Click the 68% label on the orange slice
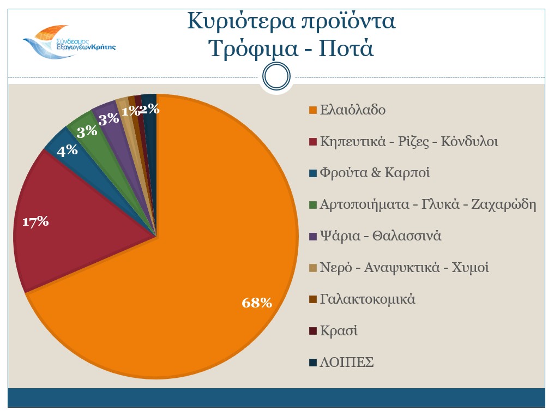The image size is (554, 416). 257,303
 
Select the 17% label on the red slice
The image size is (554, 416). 35,221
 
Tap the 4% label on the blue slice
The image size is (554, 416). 67,150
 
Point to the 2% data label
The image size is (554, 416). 150,109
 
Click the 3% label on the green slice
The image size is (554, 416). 87,131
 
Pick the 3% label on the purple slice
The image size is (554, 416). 109,118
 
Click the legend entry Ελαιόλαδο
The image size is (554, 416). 352,110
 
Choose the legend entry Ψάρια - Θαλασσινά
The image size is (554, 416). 380,236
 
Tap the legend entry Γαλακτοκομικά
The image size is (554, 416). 368,299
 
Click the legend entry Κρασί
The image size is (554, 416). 339,331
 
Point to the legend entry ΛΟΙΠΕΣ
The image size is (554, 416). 347,363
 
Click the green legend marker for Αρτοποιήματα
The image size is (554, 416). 312,205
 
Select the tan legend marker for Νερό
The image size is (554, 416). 312,268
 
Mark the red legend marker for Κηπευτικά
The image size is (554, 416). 312,142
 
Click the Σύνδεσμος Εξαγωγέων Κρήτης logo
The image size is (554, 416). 68,41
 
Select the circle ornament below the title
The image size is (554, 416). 276,76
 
